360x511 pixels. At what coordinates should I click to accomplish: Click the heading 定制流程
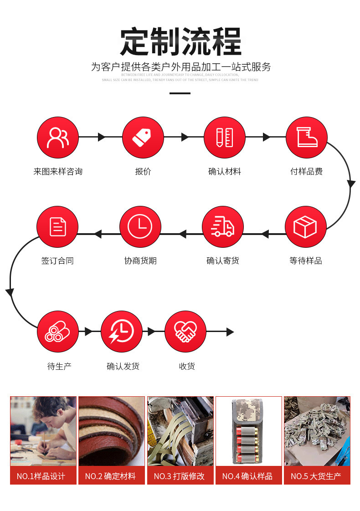coord(180,42)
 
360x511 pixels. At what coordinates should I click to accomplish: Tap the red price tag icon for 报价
coord(143,138)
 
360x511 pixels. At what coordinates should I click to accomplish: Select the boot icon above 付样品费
coord(306,138)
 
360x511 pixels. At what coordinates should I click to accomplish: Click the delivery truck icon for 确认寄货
coord(223,227)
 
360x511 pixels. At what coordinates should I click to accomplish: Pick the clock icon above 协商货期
coord(140,227)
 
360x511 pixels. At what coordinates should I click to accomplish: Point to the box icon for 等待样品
coord(305,227)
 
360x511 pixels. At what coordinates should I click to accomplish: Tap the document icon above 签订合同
coord(57,227)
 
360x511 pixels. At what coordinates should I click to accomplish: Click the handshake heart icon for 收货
coord(185,332)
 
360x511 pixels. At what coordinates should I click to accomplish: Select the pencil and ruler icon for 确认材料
coord(224,138)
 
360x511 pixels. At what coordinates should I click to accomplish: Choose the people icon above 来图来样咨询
coord(57,138)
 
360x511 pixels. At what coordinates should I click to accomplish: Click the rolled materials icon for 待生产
coord(57,332)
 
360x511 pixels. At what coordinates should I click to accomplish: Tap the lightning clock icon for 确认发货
coord(121,332)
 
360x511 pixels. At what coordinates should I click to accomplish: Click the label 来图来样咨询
coord(58,172)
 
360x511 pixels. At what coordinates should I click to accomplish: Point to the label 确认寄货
coord(223,261)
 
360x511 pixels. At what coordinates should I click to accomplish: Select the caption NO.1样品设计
coord(43,476)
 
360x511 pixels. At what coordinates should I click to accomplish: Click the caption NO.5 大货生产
coord(317,476)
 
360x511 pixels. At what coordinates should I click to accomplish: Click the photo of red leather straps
coord(112,431)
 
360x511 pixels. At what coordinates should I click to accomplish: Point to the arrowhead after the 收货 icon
coord(230,332)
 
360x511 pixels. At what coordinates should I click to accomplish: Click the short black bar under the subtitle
coord(180,93)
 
